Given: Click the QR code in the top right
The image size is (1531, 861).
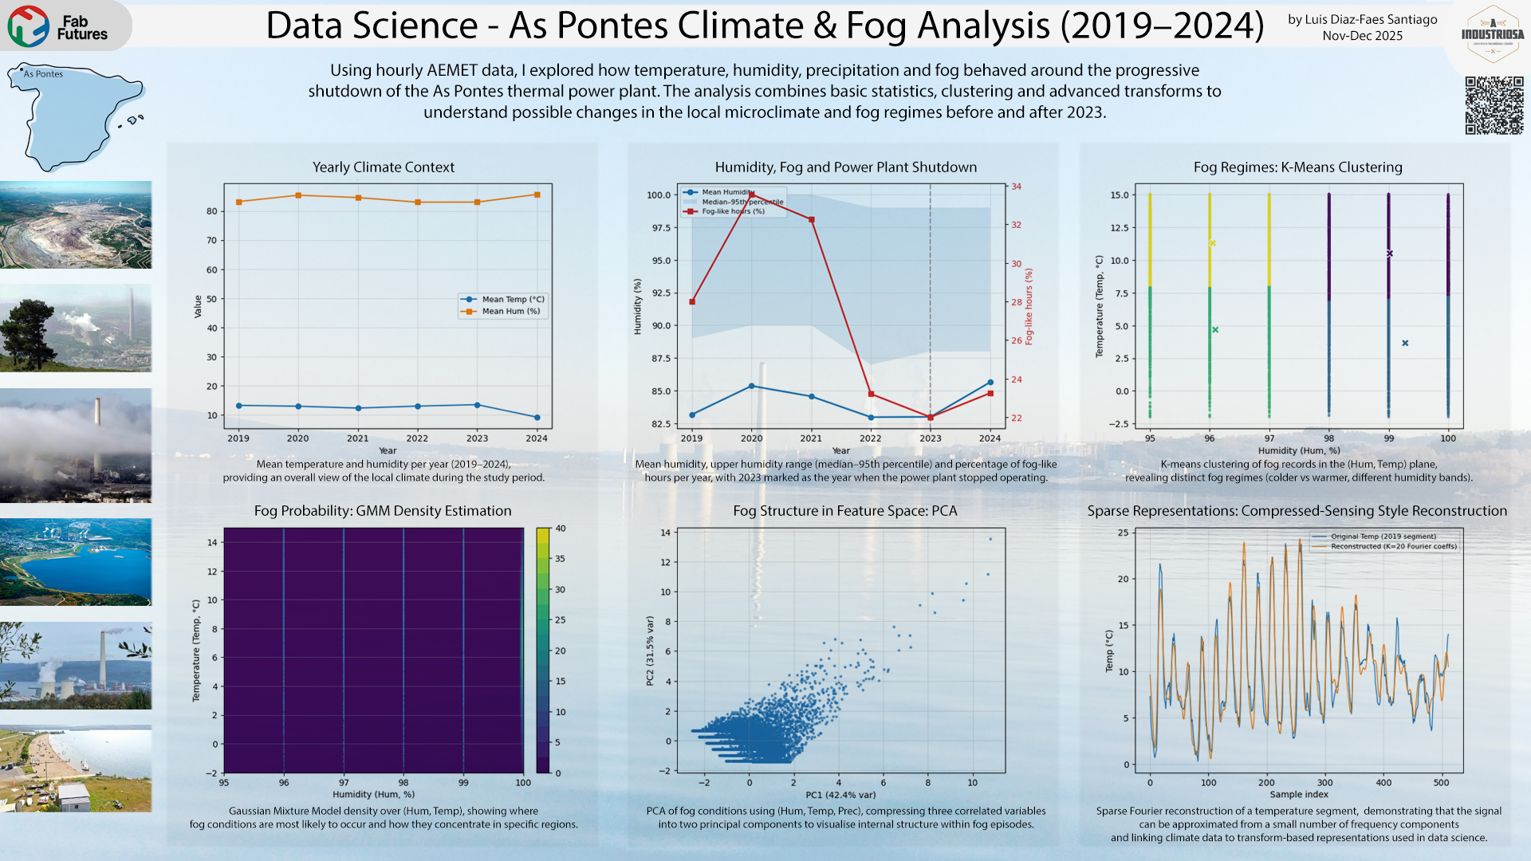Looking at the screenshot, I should pyautogui.click(x=1494, y=105).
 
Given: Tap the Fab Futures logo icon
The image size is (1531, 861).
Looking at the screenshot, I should pyautogui.click(x=28, y=26).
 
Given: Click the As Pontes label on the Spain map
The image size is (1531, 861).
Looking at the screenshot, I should pyautogui.click(x=43, y=74).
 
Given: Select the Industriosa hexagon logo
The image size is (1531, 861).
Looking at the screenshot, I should pyautogui.click(x=1493, y=34).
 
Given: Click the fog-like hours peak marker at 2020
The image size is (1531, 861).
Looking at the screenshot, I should pyautogui.click(x=751, y=195).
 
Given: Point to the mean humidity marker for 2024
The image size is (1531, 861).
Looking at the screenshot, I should pyautogui.click(x=990, y=383).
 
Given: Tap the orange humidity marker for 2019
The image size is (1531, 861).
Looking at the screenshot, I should pyautogui.click(x=238, y=202).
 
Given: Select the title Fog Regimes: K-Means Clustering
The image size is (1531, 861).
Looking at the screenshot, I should pyautogui.click(x=1297, y=167).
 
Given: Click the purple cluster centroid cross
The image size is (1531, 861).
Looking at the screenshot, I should pyautogui.click(x=1390, y=254).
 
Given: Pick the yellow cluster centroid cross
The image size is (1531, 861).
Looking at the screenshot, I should pyautogui.click(x=1212, y=243).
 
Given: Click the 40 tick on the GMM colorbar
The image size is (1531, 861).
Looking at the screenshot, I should pyautogui.click(x=561, y=529).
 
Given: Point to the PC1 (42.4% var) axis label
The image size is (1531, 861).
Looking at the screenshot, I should pyautogui.click(x=840, y=795).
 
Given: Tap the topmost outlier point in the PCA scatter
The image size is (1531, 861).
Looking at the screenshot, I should pyautogui.click(x=991, y=539).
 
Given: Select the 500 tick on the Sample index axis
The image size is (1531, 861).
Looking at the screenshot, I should pyautogui.click(x=1442, y=783).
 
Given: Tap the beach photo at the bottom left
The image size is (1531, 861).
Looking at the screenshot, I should pyautogui.click(x=76, y=769).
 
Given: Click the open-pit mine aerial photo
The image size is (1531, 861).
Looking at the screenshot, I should pyautogui.click(x=76, y=225).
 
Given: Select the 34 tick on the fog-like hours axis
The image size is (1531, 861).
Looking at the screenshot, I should pyautogui.click(x=1017, y=187).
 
